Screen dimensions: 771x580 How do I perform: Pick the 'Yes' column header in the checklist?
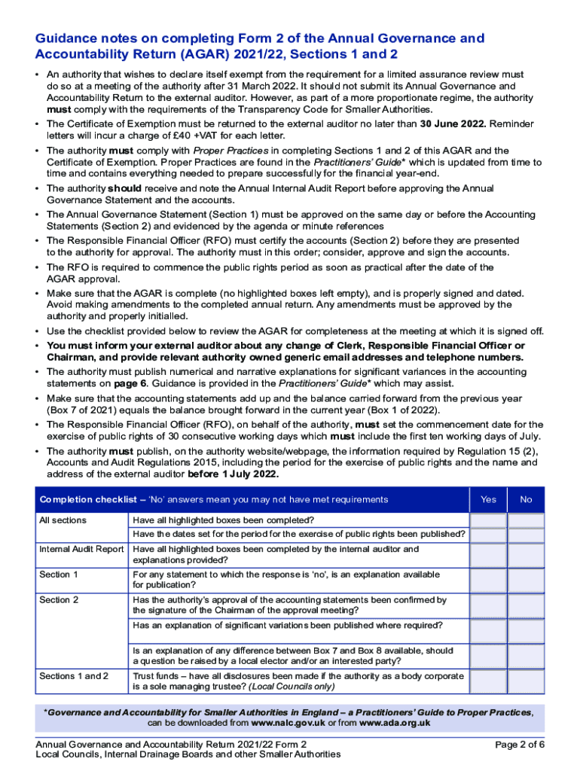(488, 499)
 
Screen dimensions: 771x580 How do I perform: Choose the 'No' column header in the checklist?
(526, 499)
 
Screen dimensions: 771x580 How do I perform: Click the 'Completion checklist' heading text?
(83, 500)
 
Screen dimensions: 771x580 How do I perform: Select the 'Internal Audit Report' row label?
(81, 550)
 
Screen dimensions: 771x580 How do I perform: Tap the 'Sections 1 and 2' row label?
(74, 676)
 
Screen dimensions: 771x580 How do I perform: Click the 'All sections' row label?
(63, 521)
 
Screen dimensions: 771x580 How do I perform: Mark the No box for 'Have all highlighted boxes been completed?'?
(526, 521)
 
